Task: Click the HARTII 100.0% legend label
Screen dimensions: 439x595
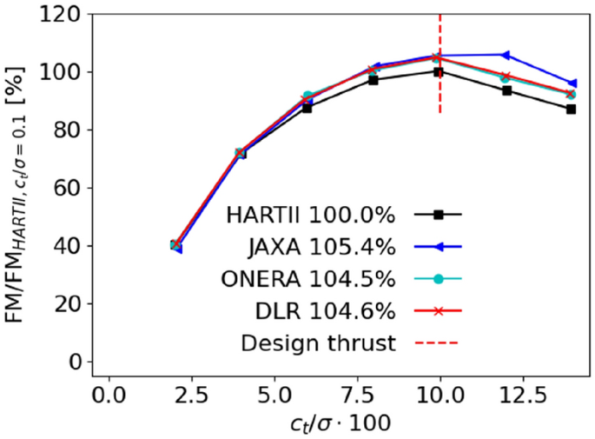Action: click(x=310, y=214)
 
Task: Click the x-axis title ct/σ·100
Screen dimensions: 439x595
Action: click(x=340, y=422)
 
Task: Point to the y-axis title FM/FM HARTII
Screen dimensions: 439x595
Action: click(x=19, y=187)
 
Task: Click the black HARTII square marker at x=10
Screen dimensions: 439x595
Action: click(x=440, y=71)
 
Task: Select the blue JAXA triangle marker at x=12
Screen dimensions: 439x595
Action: click(x=506, y=55)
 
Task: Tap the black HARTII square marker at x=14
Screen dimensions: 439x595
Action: click(x=571, y=109)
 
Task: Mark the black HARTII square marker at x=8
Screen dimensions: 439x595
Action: click(x=374, y=79)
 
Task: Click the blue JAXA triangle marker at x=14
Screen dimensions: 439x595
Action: click(x=571, y=83)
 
